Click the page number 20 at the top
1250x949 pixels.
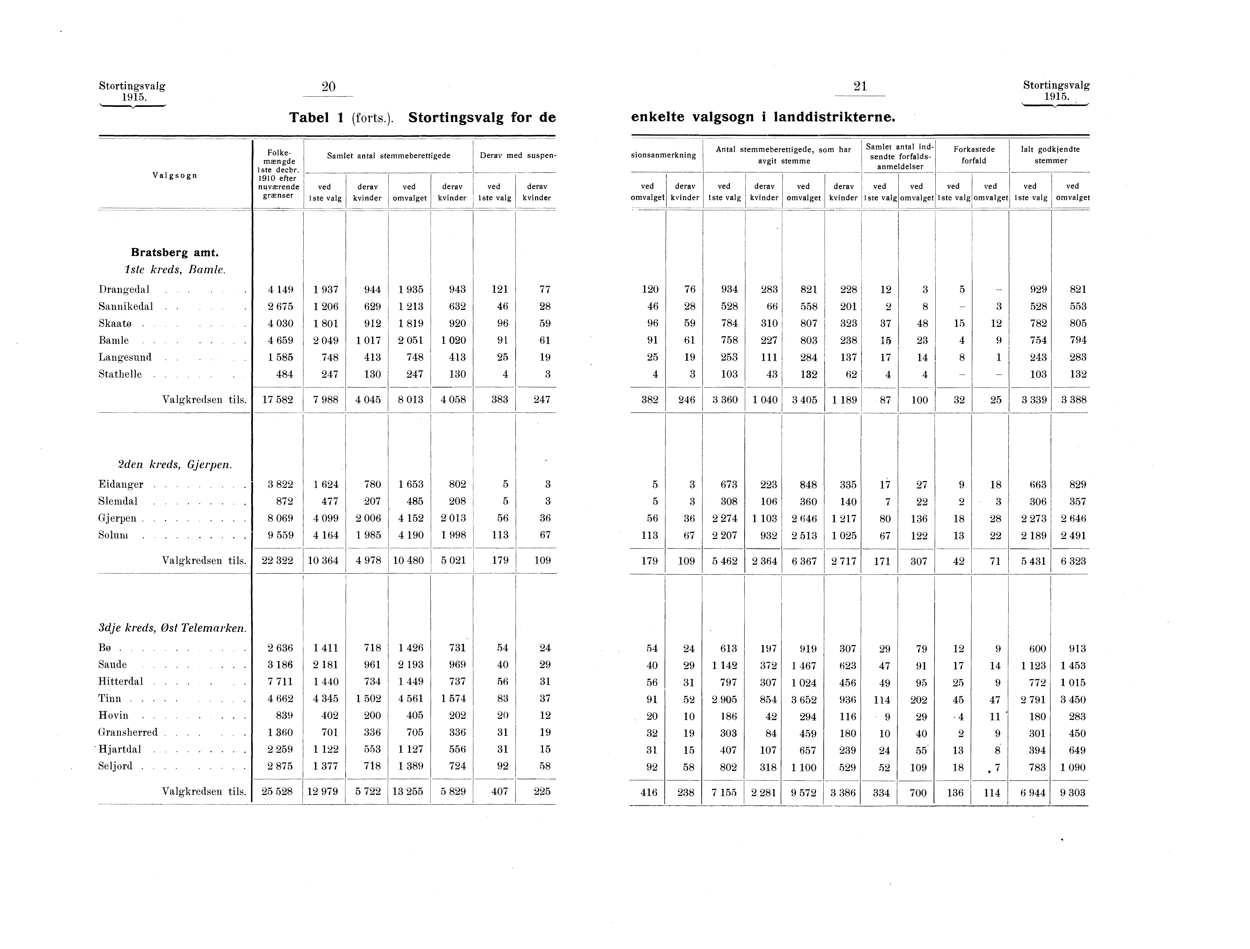click(x=328, y=87)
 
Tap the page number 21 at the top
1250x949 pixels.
click(x=860, y=87)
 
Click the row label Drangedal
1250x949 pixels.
click(x=124, y=290)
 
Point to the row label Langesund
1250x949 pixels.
click(x=126, y=358)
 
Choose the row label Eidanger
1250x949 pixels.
click(x=121, y=485)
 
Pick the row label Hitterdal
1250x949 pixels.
click(x=121, y=681)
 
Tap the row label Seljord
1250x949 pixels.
click(x=116, y=766)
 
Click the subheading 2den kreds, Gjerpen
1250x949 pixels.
click(x=175, y=465)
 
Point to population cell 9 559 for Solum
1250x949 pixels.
click(x=280, y=535)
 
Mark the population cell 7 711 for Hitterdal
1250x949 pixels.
click(x=280, y=681)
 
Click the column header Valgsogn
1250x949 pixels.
click(x=175, y=175)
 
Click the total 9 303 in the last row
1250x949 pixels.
click(x=1072, y=793)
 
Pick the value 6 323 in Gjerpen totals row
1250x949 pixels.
click(x=1072, y=561)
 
